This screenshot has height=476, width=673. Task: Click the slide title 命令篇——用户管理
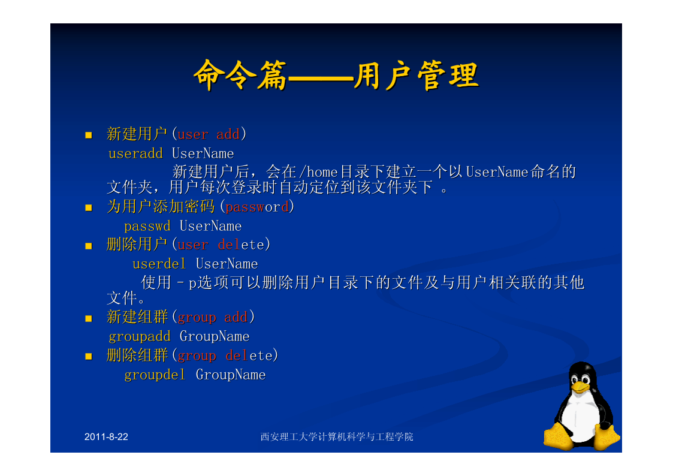click(336, 76)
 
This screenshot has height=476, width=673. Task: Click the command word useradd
click(135, 153)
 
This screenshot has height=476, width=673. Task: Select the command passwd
click(147, 226)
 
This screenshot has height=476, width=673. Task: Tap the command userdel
click(159, 264)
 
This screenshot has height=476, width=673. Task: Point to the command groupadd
click(140, 337)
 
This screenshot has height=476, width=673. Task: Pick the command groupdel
click(155, 375)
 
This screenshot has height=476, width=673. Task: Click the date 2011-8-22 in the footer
click(106, 437)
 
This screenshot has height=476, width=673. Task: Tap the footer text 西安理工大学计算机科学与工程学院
click(337, 437)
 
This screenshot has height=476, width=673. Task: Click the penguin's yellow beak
click(580, 387)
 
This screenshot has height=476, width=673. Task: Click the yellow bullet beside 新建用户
click(89, 135)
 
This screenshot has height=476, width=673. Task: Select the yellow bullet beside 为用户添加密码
click(89, 208)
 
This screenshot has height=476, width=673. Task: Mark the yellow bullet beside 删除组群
click(89, 356)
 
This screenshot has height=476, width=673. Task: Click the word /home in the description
click(318, 172)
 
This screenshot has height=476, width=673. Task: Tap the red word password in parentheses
click(257, 207)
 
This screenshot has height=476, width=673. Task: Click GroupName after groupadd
click(215, 336)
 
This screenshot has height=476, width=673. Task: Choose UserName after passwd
click(211, 226)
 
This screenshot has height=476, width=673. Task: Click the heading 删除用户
click(137, 244)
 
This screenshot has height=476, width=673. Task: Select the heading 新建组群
click(137, 317)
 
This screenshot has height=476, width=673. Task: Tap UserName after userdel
click(227, 264)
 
